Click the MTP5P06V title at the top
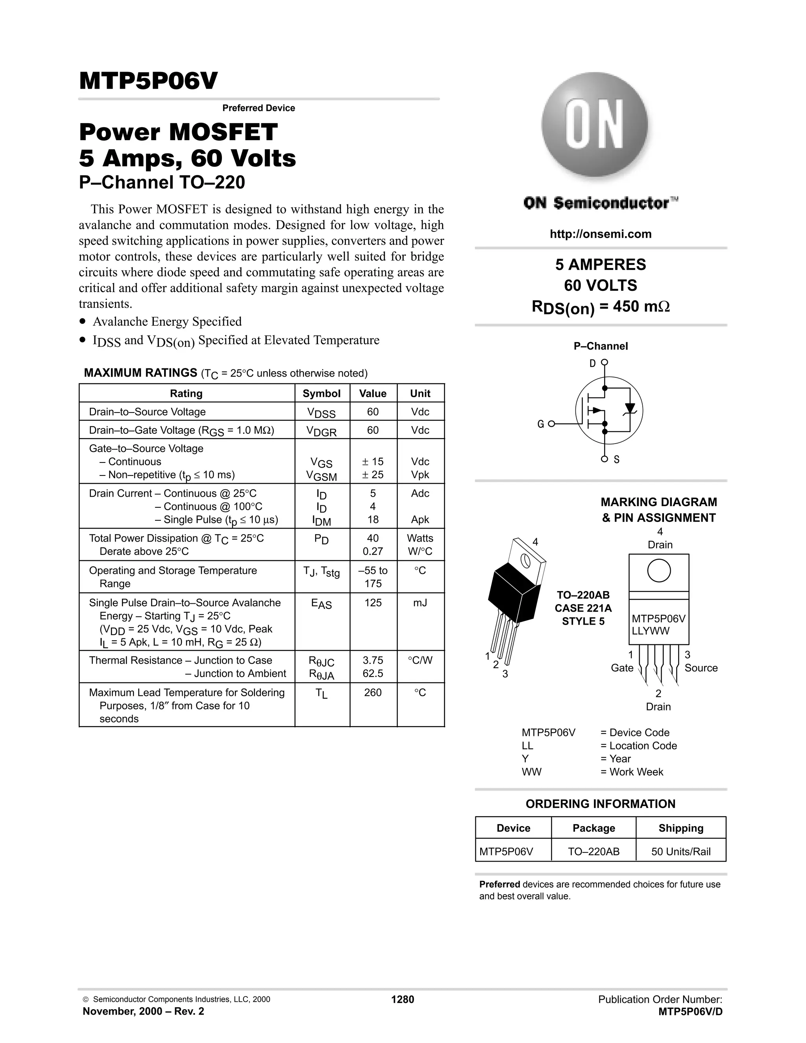click(148, 81)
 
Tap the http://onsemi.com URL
click(600, 234)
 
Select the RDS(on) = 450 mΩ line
click(600, 307)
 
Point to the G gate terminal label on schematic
click(540, 424)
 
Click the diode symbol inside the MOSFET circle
click(630, 408)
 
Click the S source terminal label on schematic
click(616, 459)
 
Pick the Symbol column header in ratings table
click(322, 394)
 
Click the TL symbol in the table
click(322, 693)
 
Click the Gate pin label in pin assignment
click(622, 668)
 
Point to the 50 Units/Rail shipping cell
click(680, 851)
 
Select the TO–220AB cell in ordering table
click(593, 851)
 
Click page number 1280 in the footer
click(403, 999)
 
